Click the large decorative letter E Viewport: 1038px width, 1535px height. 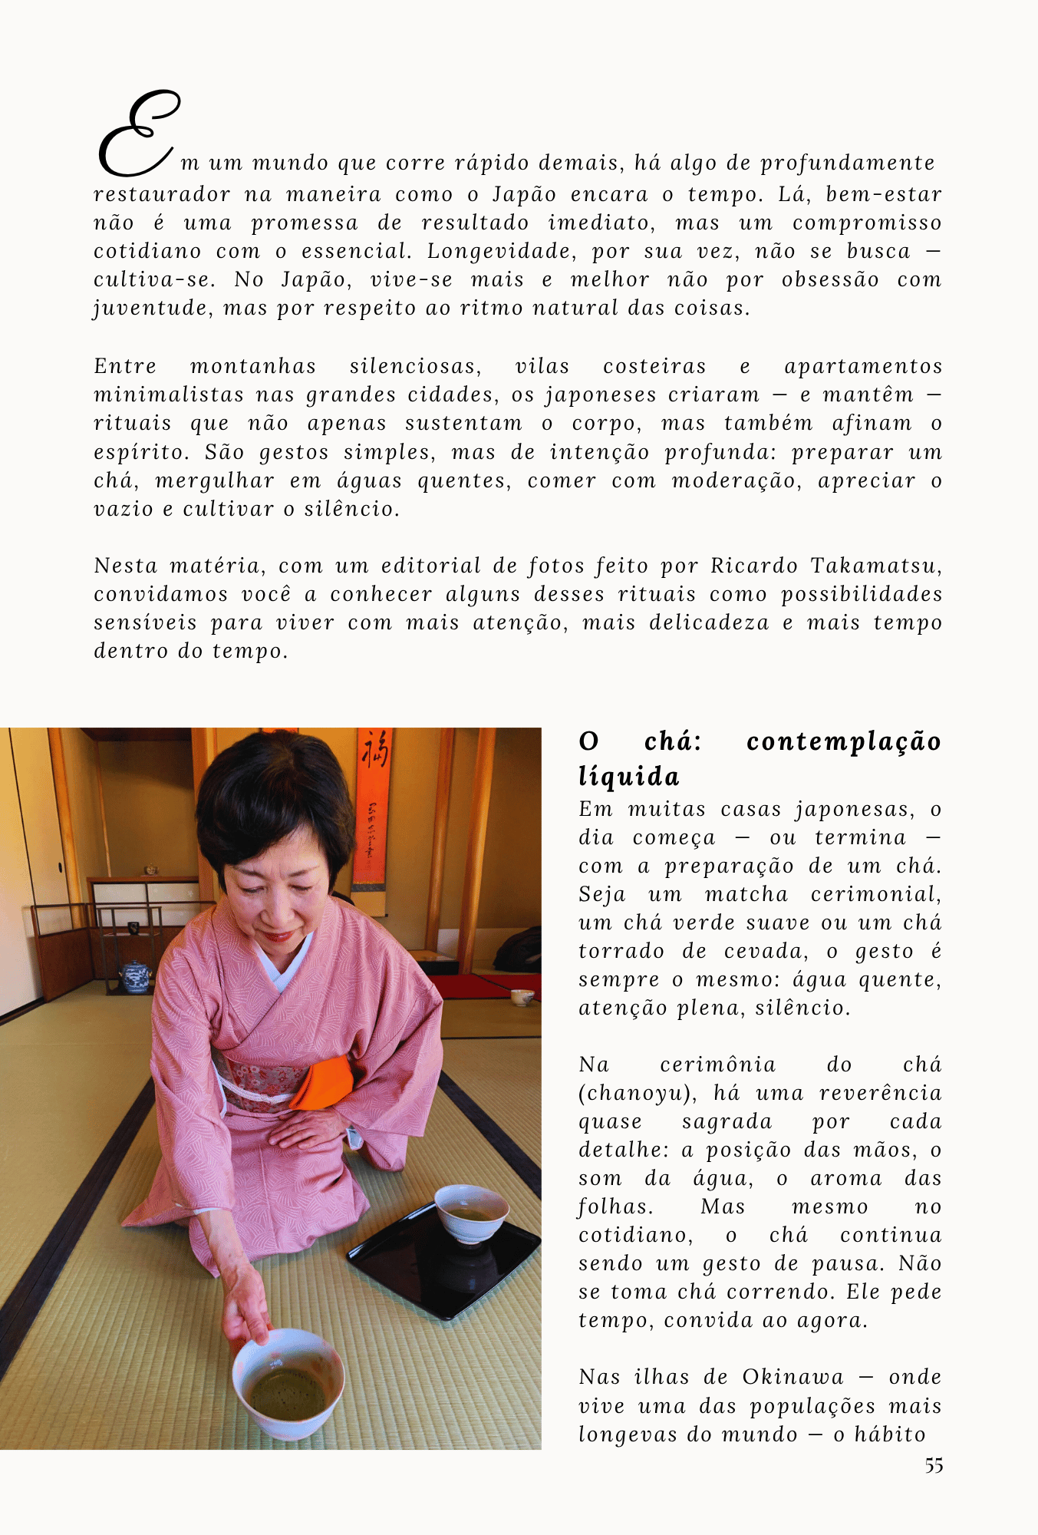138,134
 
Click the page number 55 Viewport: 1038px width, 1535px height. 934,1466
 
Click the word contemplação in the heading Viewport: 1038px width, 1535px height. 843,741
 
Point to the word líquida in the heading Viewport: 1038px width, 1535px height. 629,777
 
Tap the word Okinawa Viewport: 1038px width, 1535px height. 793,1377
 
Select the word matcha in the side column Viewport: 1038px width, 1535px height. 746,894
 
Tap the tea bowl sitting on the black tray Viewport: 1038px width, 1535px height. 471,1213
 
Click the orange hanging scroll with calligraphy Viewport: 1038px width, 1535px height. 374,806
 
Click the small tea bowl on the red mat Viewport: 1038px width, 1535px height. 522,997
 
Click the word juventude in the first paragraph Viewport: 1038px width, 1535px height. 150,309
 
